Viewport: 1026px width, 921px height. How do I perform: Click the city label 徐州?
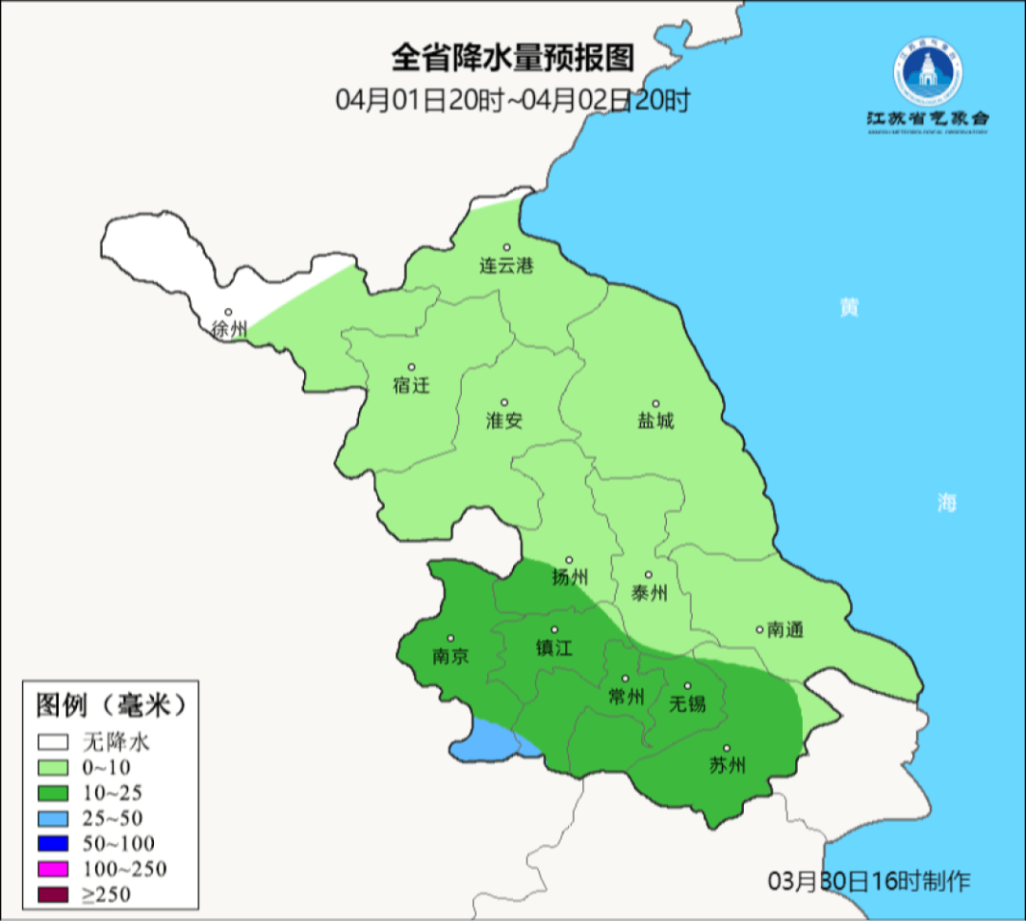(230, 330)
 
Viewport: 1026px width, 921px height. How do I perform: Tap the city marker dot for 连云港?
(507, 247)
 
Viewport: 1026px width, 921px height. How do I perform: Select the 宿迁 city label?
(410, 385)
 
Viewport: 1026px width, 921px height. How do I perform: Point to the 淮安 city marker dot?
(504, 402)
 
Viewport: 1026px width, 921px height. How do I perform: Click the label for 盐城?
(655, 420)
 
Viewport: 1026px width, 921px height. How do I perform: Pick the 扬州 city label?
(570, 577)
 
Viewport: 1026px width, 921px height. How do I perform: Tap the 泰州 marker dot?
(649, 575)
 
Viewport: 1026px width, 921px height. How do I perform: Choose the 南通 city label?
(786, 629)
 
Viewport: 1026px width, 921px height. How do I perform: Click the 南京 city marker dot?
(450, 639)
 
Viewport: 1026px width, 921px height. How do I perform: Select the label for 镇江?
(555, 647)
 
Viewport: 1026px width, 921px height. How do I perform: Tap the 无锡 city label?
(688, 703)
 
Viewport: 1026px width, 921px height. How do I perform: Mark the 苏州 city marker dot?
(727, 748)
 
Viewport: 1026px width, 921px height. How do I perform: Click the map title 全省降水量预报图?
(512, 59)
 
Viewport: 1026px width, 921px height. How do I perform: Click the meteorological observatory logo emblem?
(927, 75)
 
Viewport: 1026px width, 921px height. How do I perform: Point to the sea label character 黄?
(848, 308)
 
